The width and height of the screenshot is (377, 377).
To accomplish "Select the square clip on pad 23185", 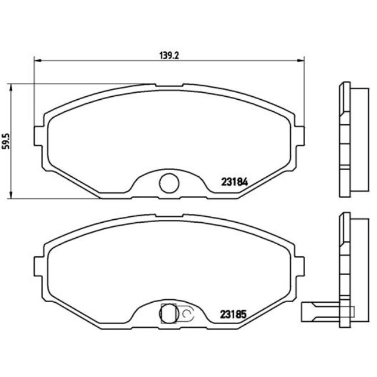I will point(168,313).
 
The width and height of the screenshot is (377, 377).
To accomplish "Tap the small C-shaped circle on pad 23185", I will point(187,314).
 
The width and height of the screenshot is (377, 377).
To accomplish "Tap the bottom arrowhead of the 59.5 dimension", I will point(13,195).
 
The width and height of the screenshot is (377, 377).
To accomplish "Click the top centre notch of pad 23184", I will point(168,85).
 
